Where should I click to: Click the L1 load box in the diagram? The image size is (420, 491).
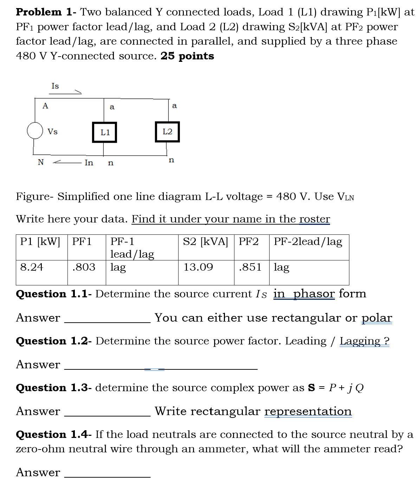pos(104,132)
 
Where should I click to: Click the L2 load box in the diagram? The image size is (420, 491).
pos(167,132)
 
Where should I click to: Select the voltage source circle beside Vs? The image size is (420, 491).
pos(34,131)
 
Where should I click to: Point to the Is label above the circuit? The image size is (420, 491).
pos(55,86)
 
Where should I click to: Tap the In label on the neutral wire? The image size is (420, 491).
pos(89,163)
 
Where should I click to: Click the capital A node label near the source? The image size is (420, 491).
pos(45,106)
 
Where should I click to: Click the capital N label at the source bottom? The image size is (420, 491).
pos(41,162)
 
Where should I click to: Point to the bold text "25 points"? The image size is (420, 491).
pos(187,56)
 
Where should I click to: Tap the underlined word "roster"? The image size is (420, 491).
pos(315,219)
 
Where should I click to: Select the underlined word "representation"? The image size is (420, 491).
pos(308,412)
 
